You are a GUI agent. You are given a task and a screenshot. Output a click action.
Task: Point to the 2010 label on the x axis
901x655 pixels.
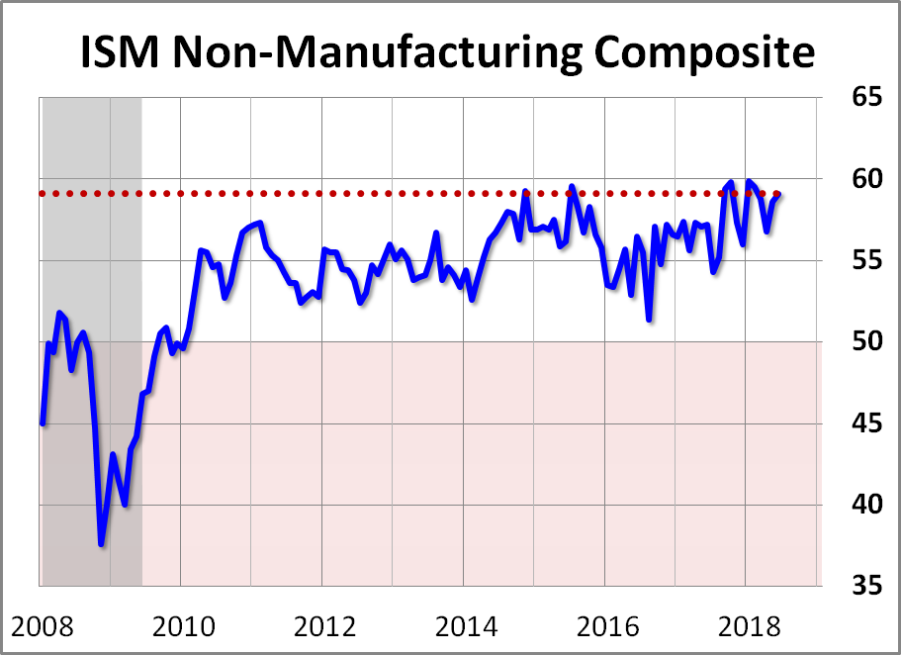click(x=182, y=625)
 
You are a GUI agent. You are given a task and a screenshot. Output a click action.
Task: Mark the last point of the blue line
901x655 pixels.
click(x=779, y=194)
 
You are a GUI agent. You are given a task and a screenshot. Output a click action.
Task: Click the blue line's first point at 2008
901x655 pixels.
click(x=42, y=423)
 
